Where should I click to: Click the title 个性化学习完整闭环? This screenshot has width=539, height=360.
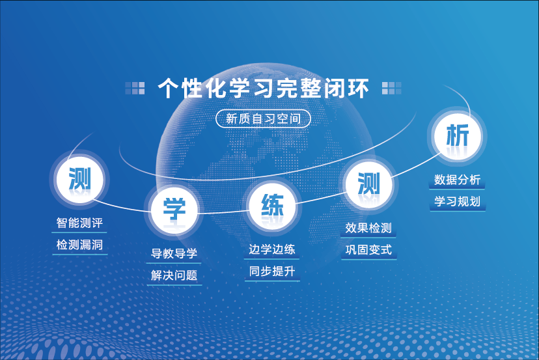(x=263, y=88)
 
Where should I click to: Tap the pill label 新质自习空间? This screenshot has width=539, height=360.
(x=263, y=118)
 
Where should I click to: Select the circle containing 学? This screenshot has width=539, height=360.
(x=174, y=210)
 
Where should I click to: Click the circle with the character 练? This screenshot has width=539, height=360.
(x=272, y=206)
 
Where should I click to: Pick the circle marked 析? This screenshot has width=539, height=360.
(x=457, y=136)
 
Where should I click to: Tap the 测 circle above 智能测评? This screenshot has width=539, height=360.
(x=80, y=179)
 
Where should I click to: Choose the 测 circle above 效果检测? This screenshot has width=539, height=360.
(x=369, y=184)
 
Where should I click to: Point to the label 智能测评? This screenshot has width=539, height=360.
(x=80, y=223)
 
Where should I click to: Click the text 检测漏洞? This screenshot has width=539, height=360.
(x=80, y=245)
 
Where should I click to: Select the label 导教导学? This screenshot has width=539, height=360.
(x=174, y=253)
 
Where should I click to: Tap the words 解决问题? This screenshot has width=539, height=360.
(x=174, y=275)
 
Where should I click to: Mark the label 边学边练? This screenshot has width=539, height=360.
(x=272, y=249)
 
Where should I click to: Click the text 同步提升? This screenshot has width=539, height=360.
(x=272, y=271)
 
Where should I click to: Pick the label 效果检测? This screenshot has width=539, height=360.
(x=368, y=228)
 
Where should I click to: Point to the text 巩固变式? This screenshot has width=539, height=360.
(x=368, y=249)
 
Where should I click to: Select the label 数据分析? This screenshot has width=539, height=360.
(x=457, y=180)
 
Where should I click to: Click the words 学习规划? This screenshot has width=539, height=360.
(x=457, y=202)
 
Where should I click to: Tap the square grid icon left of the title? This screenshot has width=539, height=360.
(x=135, y=88)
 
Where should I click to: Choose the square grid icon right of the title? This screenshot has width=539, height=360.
(x=391, y=88)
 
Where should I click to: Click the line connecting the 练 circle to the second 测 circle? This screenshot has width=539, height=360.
(x=321, y=199)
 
